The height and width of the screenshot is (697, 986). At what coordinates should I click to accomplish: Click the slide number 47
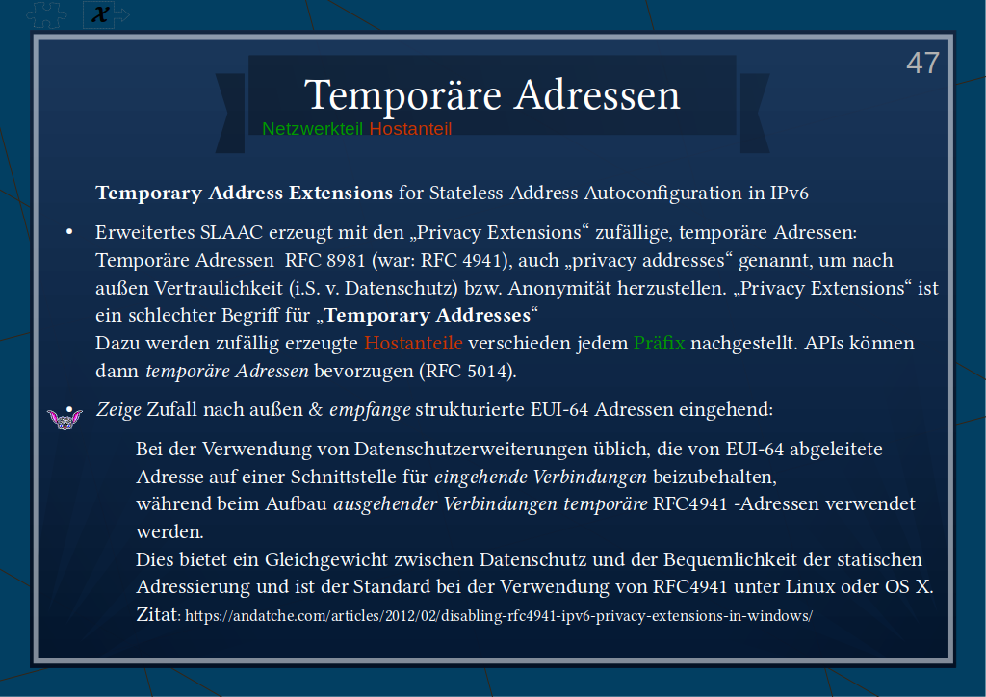(x=922, y=63)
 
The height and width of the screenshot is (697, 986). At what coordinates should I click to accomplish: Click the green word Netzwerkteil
(x=313, y=129)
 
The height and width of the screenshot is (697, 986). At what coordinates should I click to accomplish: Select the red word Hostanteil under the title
(x=410, y=129)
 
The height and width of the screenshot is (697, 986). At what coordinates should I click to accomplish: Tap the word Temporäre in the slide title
(x=403, y=95)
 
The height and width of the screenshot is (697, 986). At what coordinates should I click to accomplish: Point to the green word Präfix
(x=659, y=343)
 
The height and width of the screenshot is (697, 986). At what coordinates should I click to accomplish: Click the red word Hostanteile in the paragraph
(x=413, y=343)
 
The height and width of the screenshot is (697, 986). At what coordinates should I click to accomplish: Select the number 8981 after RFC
(x=346, y=260)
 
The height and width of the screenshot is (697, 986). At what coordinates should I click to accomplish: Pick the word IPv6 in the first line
(x=790, y=193)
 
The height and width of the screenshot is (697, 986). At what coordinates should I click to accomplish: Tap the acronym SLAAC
(x=231, y=233)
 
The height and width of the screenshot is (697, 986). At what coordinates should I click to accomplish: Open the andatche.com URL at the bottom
(x=499, y=616)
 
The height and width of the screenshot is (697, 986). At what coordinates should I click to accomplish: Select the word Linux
(x=807, y=587)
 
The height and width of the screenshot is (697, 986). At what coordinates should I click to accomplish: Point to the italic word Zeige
(x=118, y=410)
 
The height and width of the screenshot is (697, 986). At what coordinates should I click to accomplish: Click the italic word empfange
(x=370, y=410)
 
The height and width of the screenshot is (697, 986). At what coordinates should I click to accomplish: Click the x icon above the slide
(x=100, y=13)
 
